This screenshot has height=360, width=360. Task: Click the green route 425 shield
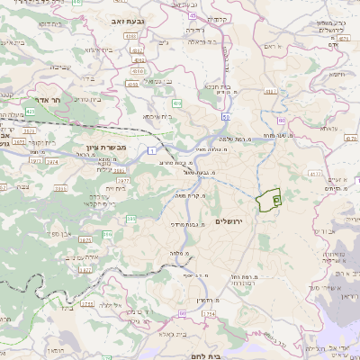coord(31,111)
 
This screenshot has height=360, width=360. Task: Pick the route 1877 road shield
coord(85,269)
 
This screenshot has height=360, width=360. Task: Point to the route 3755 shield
coord(88,304)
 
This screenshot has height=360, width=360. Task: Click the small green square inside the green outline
coord(276,200)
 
